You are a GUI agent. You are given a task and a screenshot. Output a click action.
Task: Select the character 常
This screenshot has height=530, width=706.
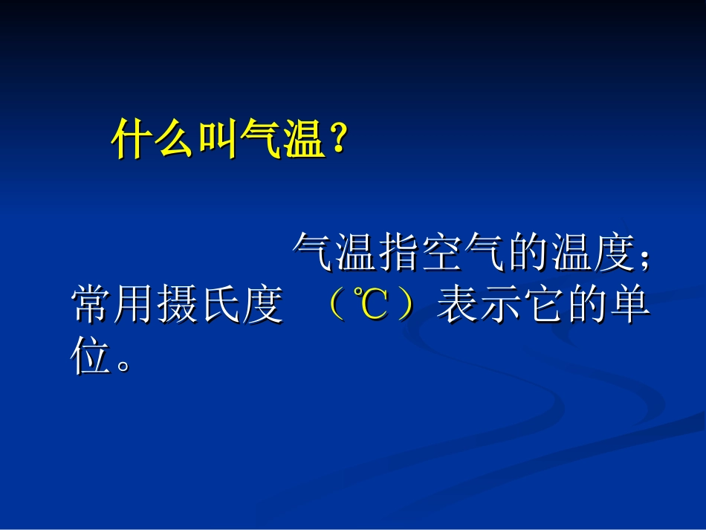point(92,306)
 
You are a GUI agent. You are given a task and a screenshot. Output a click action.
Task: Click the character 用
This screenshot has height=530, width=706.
point(135,306)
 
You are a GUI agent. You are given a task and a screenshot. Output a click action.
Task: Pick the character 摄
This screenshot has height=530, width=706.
point(177,306)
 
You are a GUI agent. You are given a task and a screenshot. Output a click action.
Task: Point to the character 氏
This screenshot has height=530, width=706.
point(220,306)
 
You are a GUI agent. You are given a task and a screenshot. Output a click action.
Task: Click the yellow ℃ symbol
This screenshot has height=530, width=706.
point(369,306)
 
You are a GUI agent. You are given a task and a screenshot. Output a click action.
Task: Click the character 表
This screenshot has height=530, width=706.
point(457,306)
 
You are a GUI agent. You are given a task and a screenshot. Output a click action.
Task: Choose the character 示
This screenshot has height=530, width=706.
point(499,306)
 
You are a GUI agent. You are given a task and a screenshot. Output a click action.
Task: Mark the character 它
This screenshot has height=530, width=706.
point(543,306)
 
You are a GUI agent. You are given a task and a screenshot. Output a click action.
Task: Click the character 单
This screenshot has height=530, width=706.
point(629,306)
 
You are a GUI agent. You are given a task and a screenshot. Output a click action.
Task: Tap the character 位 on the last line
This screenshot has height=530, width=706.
point(92,358)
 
